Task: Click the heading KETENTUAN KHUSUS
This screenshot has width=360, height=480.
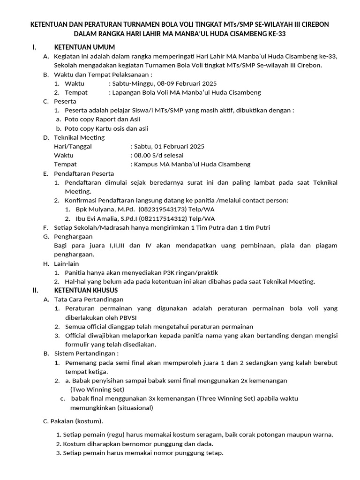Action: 86,290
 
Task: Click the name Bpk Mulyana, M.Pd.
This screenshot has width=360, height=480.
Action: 105,210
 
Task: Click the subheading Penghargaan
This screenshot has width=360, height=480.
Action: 74,237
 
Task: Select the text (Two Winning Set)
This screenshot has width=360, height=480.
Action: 97,390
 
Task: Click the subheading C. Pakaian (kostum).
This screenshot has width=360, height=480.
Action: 73,421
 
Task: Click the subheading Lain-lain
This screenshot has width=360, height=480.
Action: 67,263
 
